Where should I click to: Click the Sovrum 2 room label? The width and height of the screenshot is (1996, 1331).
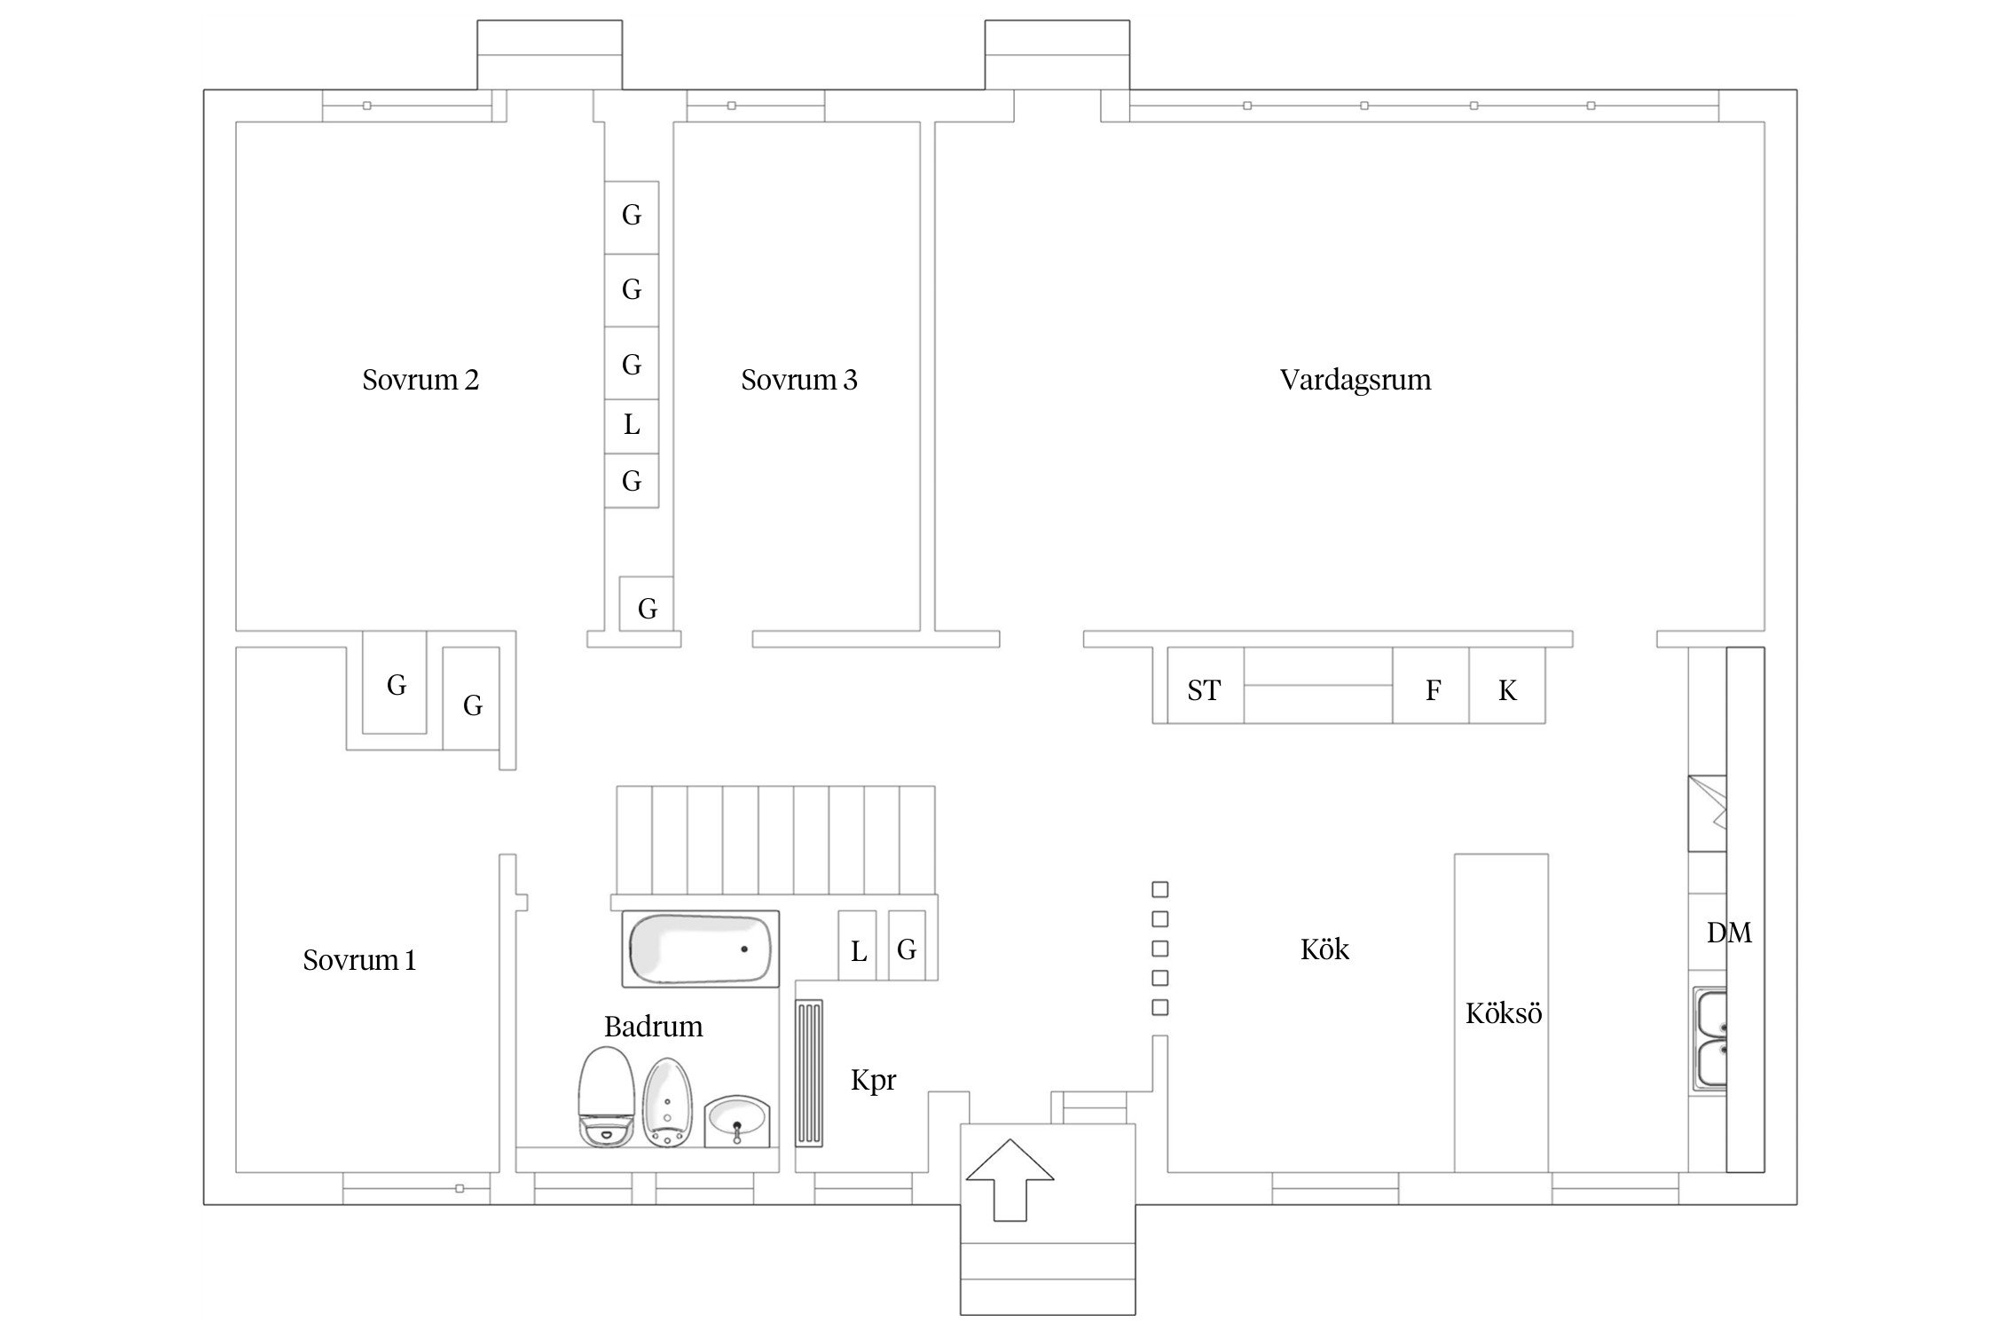pyautogui.click(x=420, y=380)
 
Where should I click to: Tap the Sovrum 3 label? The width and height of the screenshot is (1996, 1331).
pyautogui.click(x=799, y=380)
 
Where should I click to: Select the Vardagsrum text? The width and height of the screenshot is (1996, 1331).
pyautogui.click(x=1356, y=380)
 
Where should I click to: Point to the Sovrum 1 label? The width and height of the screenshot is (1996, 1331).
pyautogui.click(x=359, y=960)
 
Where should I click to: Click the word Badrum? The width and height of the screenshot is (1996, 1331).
pyautogui.click(x=654, y=1027)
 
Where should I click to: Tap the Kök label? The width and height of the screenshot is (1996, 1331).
pyautogui.click(x=1324, y=949)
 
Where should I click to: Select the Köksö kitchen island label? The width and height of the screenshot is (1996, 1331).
pyautogui.click(x=1504, y=1013)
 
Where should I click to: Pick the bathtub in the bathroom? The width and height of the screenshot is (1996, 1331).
pyautogui.click(x=701, y=949)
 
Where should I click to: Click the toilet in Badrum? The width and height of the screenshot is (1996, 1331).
pyautogui.click(x=605, y=1098)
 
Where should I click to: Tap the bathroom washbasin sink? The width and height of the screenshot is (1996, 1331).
pyautogui.click(x=737, y=1122)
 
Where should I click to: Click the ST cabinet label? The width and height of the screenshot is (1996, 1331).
pyautogui.click(x=1204, y=690)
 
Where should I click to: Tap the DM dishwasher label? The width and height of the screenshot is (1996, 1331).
pyautogui.click(x=1729, y=933)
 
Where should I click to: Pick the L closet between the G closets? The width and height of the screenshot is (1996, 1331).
pyautogui.click(x=632, y=426)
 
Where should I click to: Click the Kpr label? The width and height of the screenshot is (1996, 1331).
pyautogui.click(x=874, y=1081)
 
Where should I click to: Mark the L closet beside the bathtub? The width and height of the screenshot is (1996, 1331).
pyautogui.click(x=858, y=945)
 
